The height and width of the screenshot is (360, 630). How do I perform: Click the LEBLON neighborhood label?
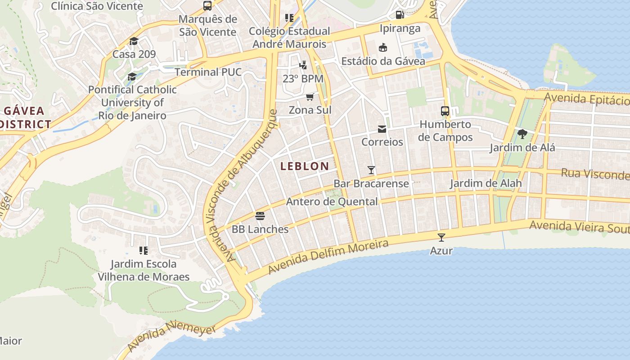pos(305,166)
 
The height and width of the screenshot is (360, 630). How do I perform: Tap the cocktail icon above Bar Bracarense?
pos(371,170)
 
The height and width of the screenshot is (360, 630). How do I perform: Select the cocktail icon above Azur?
pos(441,237)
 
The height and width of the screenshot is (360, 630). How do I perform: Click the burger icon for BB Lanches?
pos(260,216)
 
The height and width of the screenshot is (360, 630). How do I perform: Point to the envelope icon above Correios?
pos(382,129)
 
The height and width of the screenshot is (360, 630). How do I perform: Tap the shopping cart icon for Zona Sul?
pos(310,97)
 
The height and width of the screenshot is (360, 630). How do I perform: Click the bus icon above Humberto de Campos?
pos(445,111)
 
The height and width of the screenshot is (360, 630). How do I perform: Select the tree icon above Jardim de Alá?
pos(522,134)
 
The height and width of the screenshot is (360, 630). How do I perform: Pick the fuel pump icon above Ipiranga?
pos(400,15)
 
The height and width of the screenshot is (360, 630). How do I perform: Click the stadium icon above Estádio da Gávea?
pos(383,47)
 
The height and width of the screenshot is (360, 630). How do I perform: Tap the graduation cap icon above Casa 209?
pos(134,41)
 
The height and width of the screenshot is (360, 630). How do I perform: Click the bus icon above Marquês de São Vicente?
pos(207,6)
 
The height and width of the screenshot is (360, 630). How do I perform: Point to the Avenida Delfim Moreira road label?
pos(328,256)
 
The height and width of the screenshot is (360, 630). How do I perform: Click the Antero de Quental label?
pos(332,202)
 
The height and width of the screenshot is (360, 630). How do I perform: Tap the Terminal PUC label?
pos(208,72)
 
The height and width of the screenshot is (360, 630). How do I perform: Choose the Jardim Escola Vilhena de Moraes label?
pos(144,270)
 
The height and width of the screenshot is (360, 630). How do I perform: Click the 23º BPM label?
pos(303,78)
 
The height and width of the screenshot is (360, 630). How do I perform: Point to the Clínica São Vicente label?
pos(97,6)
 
